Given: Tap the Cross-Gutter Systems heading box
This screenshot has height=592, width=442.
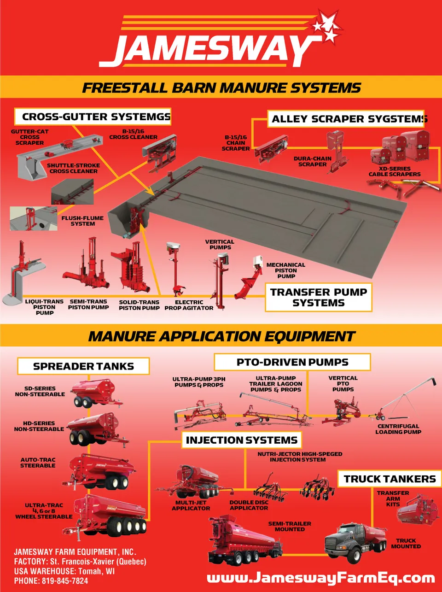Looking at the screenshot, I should [x=93, y=117].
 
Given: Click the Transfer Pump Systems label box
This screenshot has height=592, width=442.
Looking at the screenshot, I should [x=319, y=298].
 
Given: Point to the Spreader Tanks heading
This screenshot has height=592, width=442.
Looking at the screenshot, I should [x=83, y=366].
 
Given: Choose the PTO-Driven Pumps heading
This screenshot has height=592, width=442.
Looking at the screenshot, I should [x=292, y=362].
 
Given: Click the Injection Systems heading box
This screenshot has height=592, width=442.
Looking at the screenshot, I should [x=242, y=440].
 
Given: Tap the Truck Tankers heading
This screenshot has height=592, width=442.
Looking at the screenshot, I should [x=390, y=479].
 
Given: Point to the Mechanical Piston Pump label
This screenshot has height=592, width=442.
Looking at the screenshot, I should [x=285, y=270].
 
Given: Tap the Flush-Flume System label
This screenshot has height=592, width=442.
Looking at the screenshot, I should [x=83, y=221].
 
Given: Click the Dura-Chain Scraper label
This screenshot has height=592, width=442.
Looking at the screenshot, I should [x=312, y=161].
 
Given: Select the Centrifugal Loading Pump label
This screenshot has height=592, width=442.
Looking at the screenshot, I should [x=398, y=429].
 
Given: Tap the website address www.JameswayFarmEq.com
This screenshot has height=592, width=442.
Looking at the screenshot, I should [x=320, y=578].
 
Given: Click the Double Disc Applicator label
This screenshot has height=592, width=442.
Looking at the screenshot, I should [x=249, y=505].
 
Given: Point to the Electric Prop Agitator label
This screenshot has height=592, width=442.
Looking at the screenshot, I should [x=189, y=305].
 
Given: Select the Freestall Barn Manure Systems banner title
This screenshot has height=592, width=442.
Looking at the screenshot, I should [x=221, y=88].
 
